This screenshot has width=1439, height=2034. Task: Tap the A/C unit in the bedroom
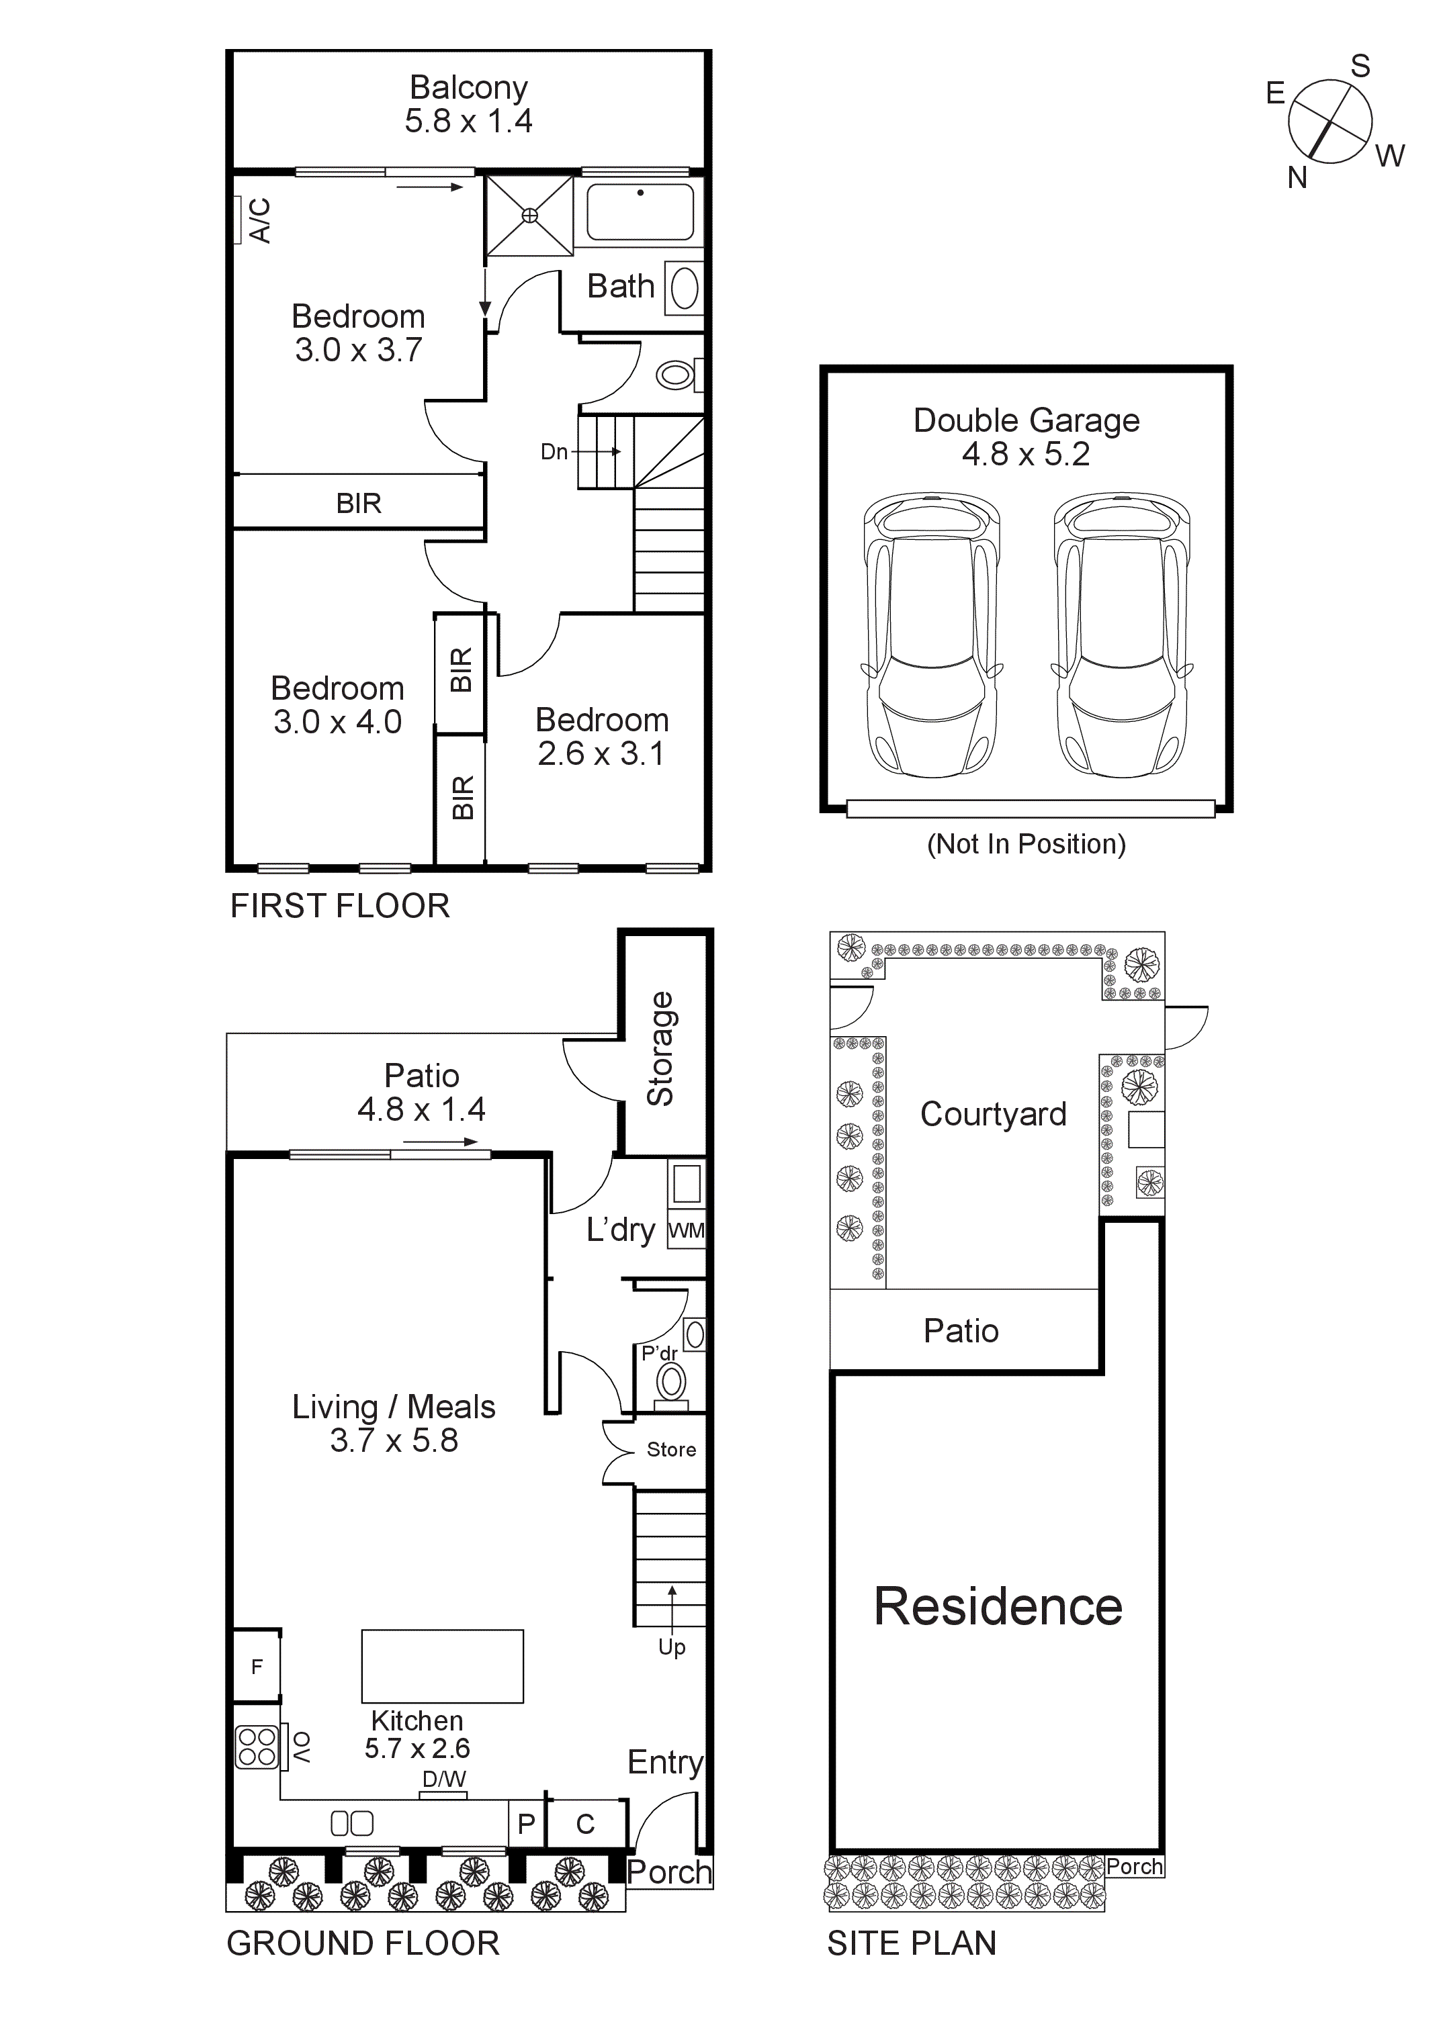(238, 220)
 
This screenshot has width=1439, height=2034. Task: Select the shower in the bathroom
(529, 216)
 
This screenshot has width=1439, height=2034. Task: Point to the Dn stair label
(554, 452)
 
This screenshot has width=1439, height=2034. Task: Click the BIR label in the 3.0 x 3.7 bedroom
(358, 503)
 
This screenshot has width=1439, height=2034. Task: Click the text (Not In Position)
(1026, 843)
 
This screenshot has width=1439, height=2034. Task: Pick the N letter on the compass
(1297, 178)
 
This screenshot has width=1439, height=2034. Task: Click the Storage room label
(661, 1048)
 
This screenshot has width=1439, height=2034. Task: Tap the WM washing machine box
(686, 1230)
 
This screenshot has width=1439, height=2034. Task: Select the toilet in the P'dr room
(672, 1382)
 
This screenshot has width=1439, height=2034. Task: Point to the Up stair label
(672, 1647)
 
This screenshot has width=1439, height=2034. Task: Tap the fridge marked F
(256, 1667)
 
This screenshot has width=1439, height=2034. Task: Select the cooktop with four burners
(257, 1747)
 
